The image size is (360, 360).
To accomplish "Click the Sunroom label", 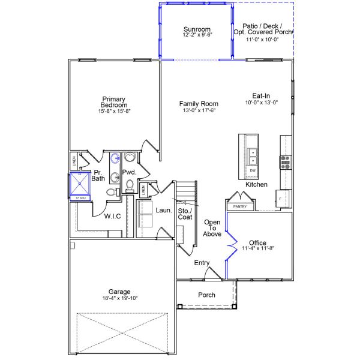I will [x=196, y=29].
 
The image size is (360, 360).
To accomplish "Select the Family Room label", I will [x=199, y=104].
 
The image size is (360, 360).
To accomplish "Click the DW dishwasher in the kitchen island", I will [x=253, y=171].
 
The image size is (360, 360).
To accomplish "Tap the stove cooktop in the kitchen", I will [x=284, y=161].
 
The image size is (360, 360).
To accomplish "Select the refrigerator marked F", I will [x=280, y=198].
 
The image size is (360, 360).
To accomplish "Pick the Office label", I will [x=257, y=243].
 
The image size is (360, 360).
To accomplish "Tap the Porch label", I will [x=206, y=295].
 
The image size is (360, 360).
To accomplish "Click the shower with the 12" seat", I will [x=80, y=185].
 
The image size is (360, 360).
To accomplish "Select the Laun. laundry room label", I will [x=164, y=211].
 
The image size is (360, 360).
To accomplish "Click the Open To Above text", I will [x=212, y=228].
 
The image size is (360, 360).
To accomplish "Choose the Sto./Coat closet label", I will [x=185, y=214].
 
